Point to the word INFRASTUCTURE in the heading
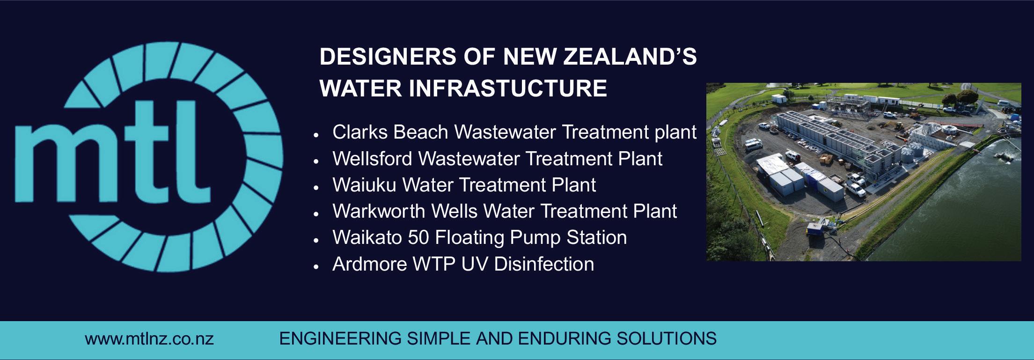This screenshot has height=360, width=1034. pos(508,88)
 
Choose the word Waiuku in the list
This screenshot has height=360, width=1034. pos(364,185)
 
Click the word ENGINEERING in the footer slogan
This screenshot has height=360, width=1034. pos(340,338)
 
